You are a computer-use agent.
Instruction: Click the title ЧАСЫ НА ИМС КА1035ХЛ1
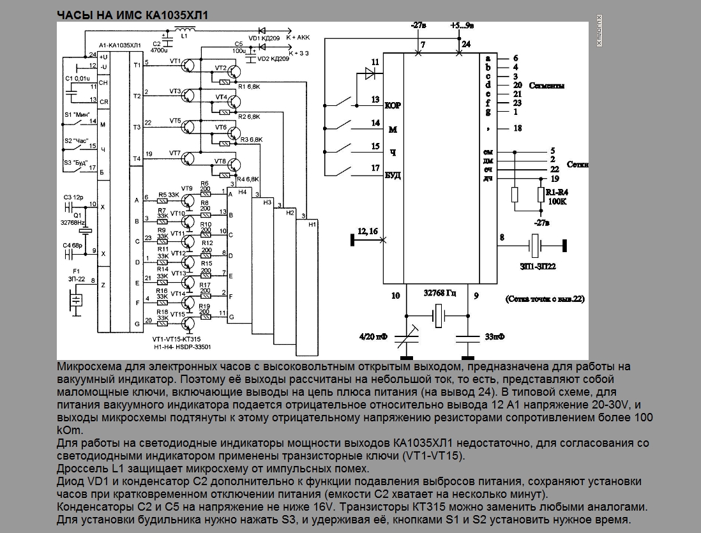[134, 14]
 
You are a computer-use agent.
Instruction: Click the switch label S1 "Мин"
[77, 113]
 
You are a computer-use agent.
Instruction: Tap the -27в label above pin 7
[418, 26]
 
